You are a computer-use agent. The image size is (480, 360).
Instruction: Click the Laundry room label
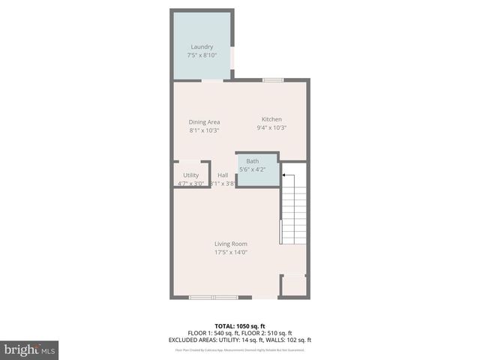pos(202,46)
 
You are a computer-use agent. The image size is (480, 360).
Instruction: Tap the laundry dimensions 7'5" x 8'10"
pos(202,55)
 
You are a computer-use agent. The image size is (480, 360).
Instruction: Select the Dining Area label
pos(204,121)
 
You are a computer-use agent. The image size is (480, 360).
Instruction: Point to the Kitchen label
pos(271,119)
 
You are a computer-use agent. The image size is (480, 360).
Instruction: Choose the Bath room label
pos(253,161)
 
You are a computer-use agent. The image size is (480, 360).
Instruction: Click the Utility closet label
pos(190,175)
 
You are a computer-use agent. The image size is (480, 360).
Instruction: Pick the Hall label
pos(223,175)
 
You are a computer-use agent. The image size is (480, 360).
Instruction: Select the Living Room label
pos(231,244)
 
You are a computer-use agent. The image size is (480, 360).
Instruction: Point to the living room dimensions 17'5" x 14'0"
pos(231,253)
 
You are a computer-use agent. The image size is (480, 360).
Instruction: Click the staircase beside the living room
pos(293,214)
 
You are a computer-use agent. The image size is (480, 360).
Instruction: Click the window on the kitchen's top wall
pos(273,79)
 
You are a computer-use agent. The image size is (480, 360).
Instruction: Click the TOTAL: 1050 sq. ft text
pos(240,326)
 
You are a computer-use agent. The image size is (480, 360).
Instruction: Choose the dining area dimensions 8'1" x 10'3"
pos(204,130)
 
